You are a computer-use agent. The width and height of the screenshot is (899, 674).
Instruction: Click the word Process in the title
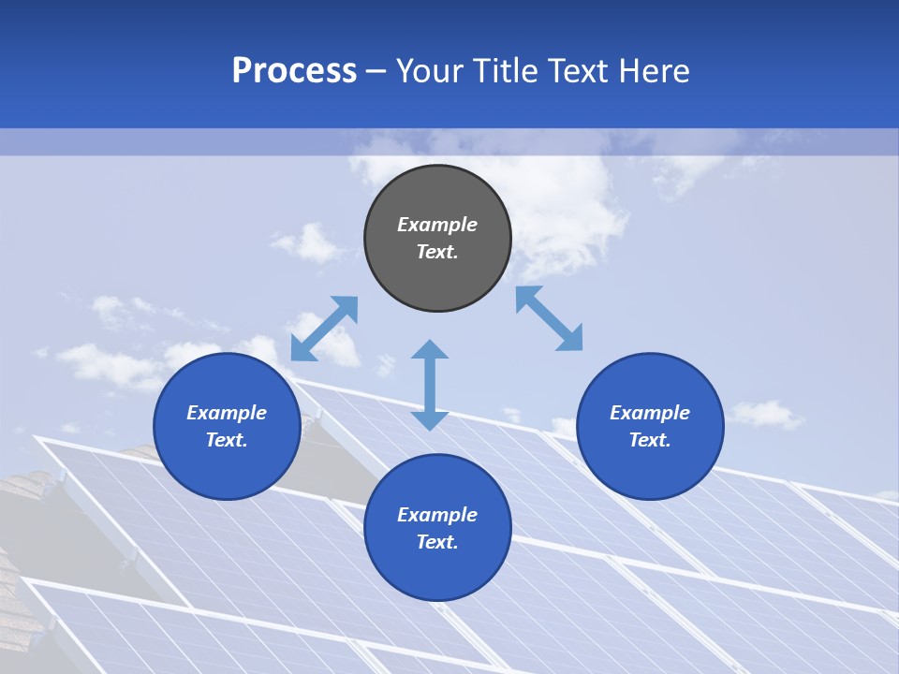294,71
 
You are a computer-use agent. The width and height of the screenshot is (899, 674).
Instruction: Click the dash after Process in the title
376,72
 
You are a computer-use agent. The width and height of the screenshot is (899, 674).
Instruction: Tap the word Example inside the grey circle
437,225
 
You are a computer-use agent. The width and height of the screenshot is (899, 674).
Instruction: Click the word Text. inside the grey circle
437,252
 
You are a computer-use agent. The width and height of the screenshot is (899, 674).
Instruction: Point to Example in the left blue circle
227,413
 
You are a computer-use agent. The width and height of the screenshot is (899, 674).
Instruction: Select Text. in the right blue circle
650,440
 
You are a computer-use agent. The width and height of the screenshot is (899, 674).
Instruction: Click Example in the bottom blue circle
437,515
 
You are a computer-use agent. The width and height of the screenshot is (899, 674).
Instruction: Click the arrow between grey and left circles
324,329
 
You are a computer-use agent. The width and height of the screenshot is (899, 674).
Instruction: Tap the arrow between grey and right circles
550,318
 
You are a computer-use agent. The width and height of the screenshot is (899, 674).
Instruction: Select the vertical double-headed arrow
430,385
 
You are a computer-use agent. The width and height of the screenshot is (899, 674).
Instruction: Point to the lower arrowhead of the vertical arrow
430,420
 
